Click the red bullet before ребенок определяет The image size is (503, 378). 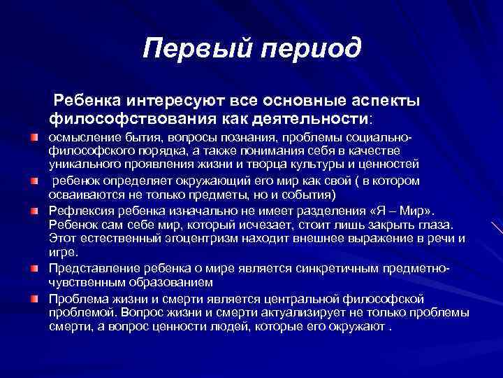pos(34,181)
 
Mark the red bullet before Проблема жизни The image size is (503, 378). pos(34,298)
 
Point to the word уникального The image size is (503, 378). pos(84,163)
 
